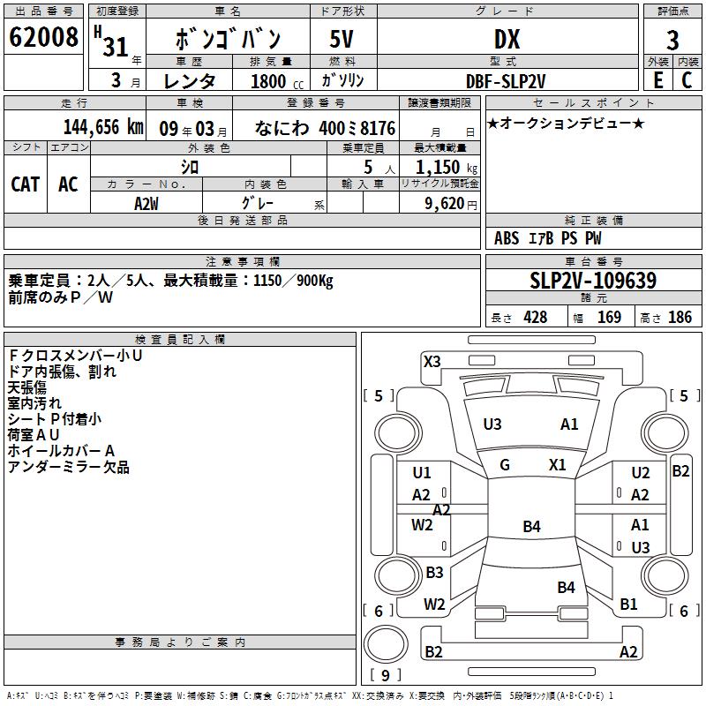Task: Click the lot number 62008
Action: point(42,39)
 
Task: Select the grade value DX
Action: point(507,40)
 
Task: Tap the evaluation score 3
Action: point(672,41)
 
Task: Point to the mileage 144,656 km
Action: point(103,126)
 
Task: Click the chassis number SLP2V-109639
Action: point(593,281)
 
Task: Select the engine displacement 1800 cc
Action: point(269,81)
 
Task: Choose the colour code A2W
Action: point(147,202)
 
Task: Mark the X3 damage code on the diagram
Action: point(432,361)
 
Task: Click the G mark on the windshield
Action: point(505,465)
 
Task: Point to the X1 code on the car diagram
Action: point(558,465)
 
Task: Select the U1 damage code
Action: point(422,473)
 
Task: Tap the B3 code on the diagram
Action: point(434,573)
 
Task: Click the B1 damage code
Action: point(628,605)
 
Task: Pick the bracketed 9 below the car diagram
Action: point(385,676)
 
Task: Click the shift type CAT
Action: point(26,184)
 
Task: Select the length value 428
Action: point(535,318)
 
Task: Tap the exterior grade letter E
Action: point(657,80)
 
